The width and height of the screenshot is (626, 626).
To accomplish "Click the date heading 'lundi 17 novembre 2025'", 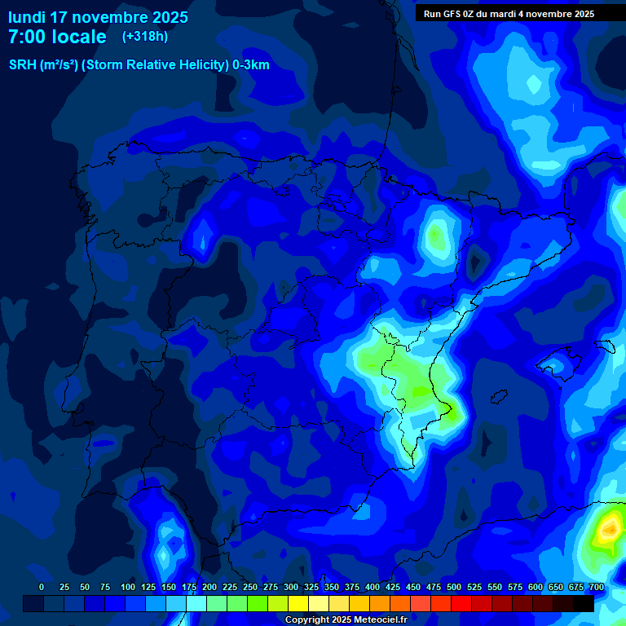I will (98, 17).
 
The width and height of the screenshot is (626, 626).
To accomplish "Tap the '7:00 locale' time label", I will (57, 37).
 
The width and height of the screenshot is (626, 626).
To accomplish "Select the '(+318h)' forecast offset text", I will (145, 36).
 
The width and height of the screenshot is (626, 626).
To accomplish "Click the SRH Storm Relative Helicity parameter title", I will (139, 65).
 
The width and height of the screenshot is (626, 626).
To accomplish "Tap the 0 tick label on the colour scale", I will (42, 588).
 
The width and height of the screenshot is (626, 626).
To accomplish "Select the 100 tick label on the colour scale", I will (128, 588).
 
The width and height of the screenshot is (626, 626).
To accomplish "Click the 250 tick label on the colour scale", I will (250, 588).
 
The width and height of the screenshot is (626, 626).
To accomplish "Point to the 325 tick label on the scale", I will (311, 588).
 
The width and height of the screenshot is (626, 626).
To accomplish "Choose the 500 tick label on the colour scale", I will (454, 588).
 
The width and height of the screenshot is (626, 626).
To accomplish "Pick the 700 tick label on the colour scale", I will (596, 588).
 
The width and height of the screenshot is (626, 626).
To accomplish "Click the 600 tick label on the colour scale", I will (536, 588).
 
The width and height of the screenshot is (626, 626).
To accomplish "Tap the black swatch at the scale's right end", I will (584, 603).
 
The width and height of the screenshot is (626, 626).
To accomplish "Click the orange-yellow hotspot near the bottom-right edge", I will (608, 531).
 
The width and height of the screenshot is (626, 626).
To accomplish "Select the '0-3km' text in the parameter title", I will (250, 65).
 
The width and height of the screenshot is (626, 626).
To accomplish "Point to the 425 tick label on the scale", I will (393, 588).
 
